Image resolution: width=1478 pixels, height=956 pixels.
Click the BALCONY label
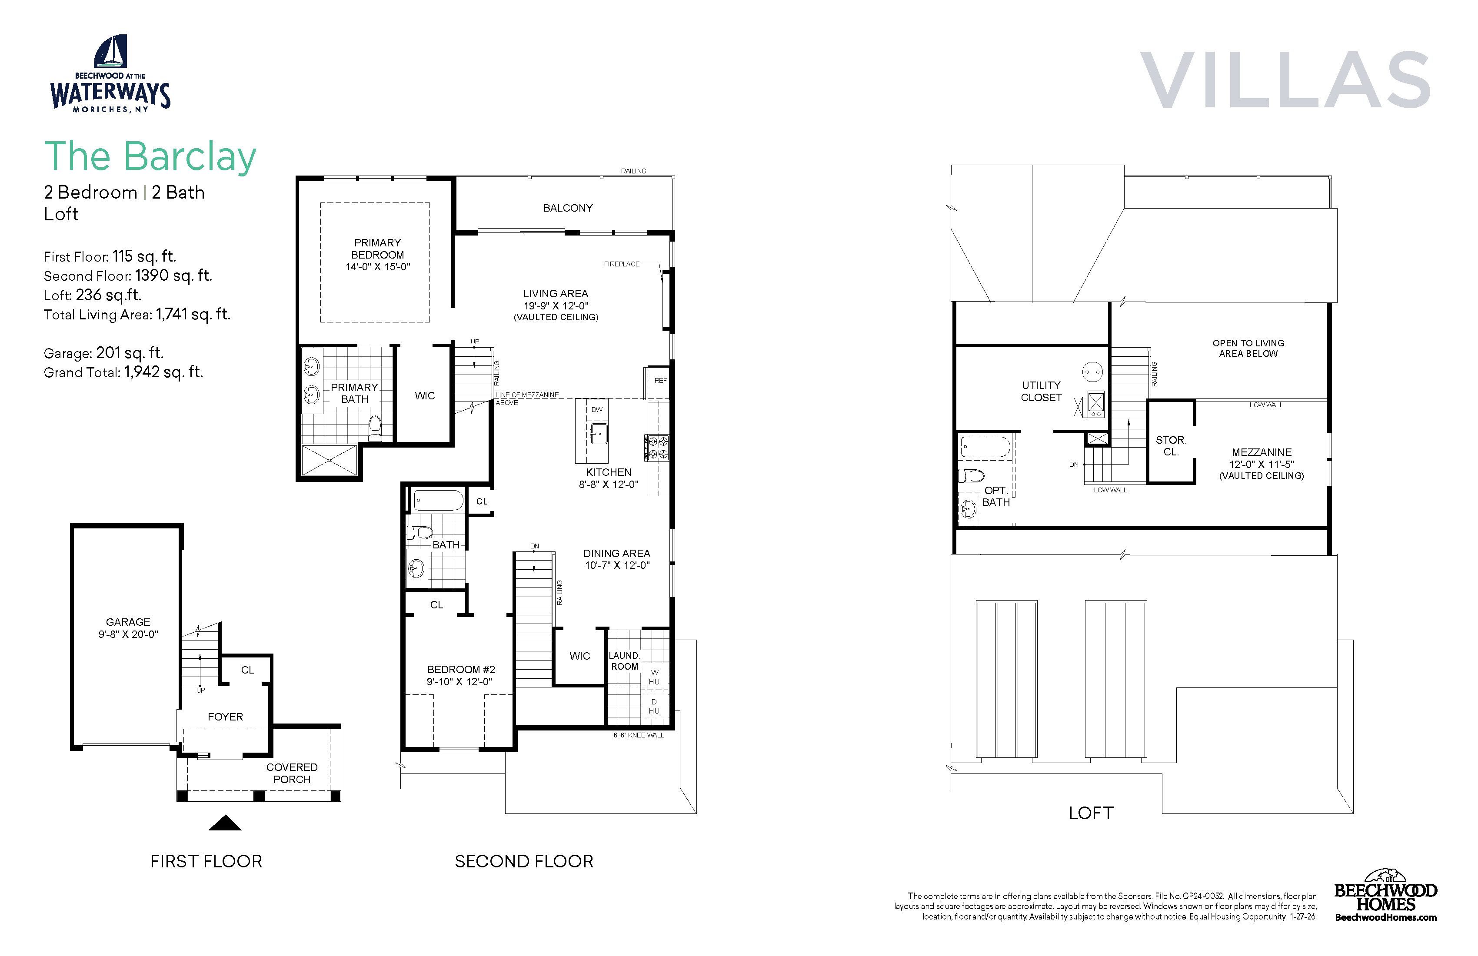click(568, 208)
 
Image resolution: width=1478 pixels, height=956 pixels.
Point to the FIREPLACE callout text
click(622, 264)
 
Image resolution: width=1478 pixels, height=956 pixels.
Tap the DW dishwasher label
click(597, 410)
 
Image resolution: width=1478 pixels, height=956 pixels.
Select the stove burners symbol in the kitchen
click(657, 447)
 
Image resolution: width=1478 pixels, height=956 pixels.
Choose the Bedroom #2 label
click(461, 669)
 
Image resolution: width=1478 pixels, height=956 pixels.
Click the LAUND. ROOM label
click(624, 661)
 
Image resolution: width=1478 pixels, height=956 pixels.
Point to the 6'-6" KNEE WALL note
click(639, 735)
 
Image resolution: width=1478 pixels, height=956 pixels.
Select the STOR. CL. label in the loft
click(1171, 446)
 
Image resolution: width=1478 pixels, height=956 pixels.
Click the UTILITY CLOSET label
click(1042, 391)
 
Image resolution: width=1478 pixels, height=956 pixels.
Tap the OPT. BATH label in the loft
click(996, 496)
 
